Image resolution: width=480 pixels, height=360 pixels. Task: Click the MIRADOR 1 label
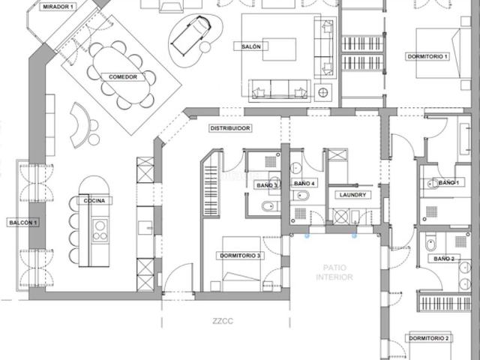[58, 7]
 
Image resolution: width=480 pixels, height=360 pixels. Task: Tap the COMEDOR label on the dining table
[123, 76]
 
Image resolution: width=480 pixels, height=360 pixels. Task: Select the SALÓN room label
[251, 46]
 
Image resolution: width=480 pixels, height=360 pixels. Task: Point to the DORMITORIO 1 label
[427, 57]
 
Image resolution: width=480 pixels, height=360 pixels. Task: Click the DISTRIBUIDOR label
[230, 128]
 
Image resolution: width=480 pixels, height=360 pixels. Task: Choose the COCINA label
[94, 201]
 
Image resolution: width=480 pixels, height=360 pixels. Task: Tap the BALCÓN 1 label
[23, 223]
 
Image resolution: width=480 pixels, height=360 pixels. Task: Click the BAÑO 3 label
[267, 185]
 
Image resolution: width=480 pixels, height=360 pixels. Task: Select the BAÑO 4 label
[304, 183]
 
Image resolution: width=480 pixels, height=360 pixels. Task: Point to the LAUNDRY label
[352, 195]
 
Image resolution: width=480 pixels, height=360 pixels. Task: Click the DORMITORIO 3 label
[240, 256]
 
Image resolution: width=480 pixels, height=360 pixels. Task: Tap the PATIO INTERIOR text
[334, 272]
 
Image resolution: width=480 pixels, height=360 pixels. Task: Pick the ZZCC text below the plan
[223, 321]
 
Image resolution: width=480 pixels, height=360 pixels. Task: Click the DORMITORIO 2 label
[428, 338]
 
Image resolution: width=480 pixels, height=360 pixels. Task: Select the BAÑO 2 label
[444, 259]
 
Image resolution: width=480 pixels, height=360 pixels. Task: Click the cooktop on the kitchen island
[100, 230]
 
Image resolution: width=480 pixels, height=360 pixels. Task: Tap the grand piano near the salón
[191, 36]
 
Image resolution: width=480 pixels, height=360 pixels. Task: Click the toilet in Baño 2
[430, 241]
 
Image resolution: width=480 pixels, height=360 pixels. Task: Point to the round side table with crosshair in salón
[323, 92]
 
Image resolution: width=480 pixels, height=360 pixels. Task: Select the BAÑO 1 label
[448, 183]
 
